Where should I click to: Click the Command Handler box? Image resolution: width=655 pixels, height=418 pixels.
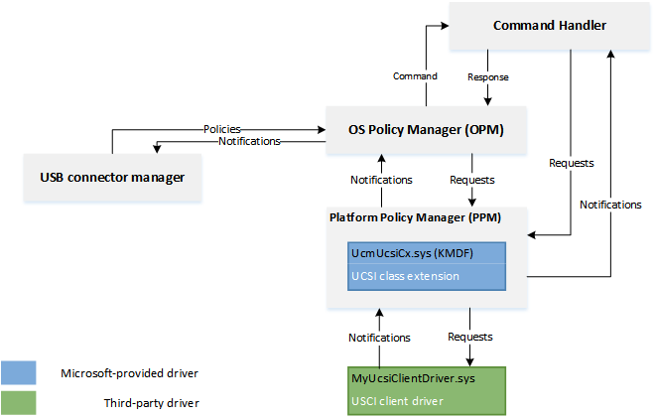click(x=551, y=26)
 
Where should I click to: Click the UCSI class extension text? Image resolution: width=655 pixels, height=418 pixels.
click(x=404, y=275)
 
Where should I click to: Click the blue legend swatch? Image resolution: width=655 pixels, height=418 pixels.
click(x=20, y=372)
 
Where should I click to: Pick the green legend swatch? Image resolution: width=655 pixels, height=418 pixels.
click(x=20, y=402)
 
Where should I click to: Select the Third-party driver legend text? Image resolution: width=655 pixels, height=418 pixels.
click(x=150, y=402)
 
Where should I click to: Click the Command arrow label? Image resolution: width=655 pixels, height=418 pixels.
click(x=415, y=75)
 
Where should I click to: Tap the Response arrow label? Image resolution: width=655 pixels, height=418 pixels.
click(x=488, y=75)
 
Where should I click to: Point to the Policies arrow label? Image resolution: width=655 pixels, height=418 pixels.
click(x=221, y=129)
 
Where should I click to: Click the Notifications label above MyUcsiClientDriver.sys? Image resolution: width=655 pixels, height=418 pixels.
click(x=380, y=338)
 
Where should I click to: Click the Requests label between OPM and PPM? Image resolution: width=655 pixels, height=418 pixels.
click(x=472, y=180)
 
